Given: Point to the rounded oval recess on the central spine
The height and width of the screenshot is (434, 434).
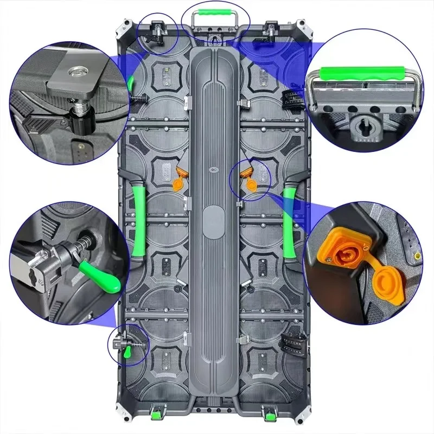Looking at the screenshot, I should click(x=214, y=222).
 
